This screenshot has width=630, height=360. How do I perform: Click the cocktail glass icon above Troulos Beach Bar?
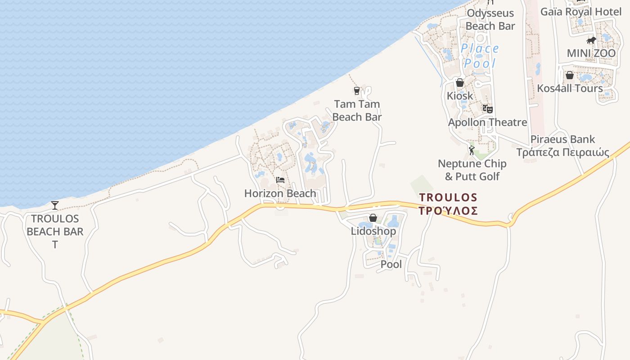(55, 206)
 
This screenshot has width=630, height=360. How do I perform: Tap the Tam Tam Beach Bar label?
(357, 111)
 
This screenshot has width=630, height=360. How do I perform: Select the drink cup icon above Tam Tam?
(357, 91)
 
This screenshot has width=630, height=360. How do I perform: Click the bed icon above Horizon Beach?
(280, 180)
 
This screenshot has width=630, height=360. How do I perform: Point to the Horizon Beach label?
(280, 193)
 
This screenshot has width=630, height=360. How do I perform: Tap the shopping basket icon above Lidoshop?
(373, 218)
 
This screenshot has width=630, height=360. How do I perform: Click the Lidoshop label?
(373, 231)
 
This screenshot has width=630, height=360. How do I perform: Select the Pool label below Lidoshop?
(391, 264)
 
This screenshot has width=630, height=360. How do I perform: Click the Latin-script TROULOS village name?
(448, 197)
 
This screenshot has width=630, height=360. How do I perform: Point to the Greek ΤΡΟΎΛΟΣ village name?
(448, 211)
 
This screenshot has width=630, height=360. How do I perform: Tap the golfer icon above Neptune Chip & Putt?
(472, 150)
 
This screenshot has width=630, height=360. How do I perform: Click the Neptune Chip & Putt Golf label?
(472, 170)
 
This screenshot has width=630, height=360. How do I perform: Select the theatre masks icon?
(488, 108)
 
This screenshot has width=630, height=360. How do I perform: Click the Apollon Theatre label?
(487, 122)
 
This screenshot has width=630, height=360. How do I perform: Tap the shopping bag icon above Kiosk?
(460, 83)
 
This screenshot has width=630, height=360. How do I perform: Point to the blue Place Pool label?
(480, 56)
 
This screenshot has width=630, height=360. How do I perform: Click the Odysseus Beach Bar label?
(490, 19)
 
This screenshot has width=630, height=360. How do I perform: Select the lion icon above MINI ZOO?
(591, 41)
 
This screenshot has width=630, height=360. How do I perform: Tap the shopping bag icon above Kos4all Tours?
(570, 75)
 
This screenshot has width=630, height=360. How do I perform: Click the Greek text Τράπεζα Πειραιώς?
(562, 152)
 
